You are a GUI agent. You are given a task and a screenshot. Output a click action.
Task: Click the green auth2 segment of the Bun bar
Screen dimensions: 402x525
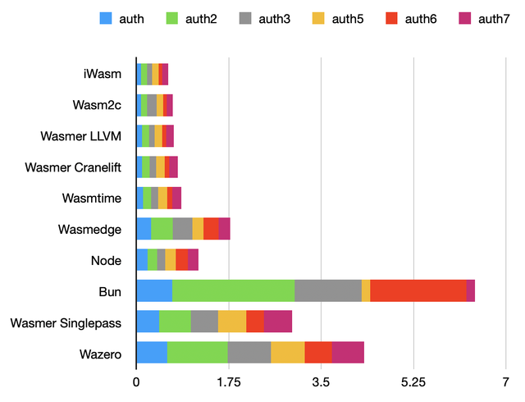(233, 290)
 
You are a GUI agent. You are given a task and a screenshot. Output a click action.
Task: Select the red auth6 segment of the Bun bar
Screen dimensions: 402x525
(418, 290)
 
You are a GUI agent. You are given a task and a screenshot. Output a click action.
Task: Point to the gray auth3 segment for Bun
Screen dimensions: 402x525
(328, 290)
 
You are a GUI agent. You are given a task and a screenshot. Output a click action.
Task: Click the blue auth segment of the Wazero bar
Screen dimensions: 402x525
(152, 352)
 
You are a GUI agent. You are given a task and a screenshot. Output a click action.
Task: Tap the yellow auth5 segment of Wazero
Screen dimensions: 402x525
(288, 352)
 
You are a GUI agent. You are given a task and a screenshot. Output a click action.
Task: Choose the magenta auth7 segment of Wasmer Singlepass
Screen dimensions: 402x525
(278, 322)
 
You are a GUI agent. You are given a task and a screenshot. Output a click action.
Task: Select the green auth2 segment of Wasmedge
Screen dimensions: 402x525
(162, 229)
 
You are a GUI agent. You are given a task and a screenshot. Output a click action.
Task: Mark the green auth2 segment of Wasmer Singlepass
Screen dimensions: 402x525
(175, 322)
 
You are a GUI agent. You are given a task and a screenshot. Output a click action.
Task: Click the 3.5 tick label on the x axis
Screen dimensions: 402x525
(322, 381)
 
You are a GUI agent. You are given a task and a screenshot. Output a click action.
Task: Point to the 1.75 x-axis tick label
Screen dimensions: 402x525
(229, 381)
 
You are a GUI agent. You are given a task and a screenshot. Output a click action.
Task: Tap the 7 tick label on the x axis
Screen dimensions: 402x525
(506, 381)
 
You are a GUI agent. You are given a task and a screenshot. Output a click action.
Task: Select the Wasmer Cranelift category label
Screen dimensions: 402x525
(73, 167)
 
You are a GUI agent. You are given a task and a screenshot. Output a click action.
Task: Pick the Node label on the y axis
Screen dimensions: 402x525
(107, 260)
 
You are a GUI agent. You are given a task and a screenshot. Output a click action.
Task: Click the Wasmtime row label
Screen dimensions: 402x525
(92, 198)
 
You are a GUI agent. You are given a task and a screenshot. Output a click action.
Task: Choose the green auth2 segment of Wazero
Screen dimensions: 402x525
(198, 352)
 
